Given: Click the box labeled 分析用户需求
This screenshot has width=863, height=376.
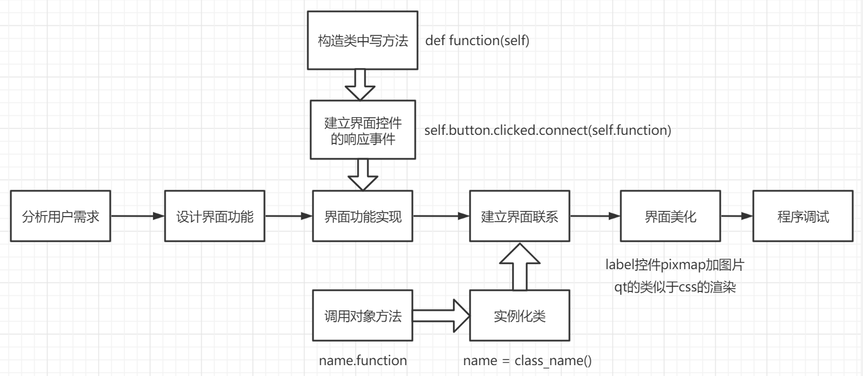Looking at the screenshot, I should pyautogui.click(x=60, y=217).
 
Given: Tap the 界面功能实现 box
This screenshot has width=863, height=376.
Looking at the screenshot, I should pyautogui.click(x=363, y=217).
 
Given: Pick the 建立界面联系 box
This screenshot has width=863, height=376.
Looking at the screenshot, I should pyautogui.click(x=519, y=217).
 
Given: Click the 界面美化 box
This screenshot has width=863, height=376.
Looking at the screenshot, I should pyautogui.click(x=671, y=217).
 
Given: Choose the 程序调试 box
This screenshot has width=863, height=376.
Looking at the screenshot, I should pyautogui.click(x=802, y=217).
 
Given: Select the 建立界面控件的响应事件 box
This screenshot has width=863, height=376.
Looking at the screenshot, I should pyautogui.click(x=363, y=130).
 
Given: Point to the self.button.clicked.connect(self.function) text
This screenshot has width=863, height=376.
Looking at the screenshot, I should pyautogui.click(x=547, y=130).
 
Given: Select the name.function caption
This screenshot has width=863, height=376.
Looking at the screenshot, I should pyautogui.click(x=363, y=361).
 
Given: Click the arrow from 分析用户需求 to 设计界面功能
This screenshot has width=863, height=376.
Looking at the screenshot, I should pyautogui.click(x=137, y=217).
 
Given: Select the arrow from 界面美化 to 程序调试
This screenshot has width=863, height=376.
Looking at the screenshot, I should pyautogui.click(x=737, y=217).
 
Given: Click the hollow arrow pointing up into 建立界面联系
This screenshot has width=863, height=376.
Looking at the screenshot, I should pyautogui.click(x=519, y=266).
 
